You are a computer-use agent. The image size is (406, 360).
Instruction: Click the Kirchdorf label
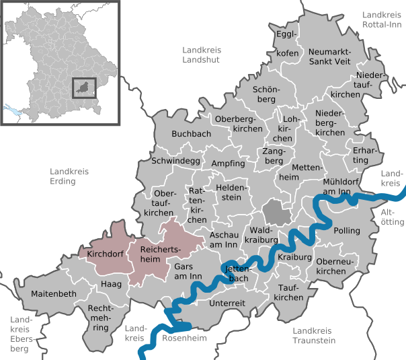(104, 255)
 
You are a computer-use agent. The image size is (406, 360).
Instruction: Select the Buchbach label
(192, 134)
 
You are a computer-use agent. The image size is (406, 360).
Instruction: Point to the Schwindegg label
(176, 161)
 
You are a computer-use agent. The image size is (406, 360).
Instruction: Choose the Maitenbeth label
(54, 294)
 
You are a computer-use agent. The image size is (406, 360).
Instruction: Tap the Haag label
(111, 285)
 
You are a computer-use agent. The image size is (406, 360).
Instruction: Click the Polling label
(347, 231)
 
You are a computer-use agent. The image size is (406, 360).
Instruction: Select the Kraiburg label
(294, 258)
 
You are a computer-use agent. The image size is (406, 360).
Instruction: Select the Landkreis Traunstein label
(314, 335)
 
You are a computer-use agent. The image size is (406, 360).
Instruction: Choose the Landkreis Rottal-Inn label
(384, 20)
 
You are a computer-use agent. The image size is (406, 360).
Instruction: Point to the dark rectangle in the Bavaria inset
(84, 88)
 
